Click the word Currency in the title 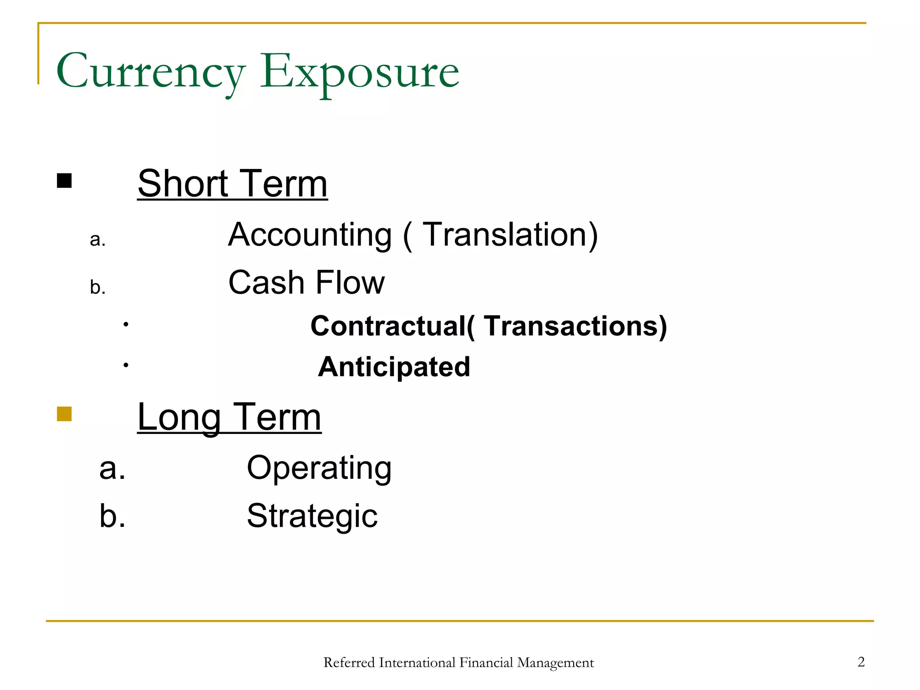150,72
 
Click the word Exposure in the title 359,72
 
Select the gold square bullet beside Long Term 64,414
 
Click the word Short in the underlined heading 182,184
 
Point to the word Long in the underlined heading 179,418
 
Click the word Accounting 310,235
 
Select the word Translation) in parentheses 510,235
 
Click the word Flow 350,283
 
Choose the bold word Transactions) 575,326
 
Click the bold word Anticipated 394,367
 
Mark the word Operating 319,469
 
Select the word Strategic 312,516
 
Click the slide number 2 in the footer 861,662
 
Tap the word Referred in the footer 349,663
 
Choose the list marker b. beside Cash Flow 97,287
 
